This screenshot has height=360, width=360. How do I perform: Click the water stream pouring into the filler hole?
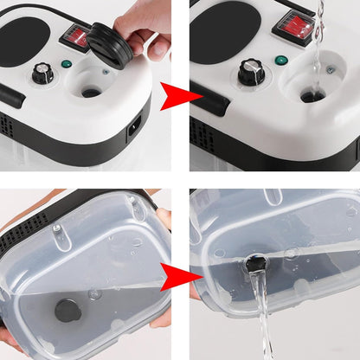(x=317, y=43)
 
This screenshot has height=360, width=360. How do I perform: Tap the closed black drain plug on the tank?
(x=67, y=307)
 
